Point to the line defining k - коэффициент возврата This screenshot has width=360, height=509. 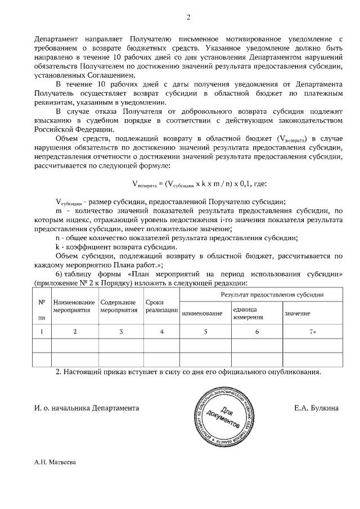[116, 246]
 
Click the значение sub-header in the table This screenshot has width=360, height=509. [297, 313]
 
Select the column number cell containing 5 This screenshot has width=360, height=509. [205, 331]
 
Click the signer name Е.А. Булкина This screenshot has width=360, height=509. [316, 407]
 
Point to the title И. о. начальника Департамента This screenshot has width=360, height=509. [86, 407]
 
